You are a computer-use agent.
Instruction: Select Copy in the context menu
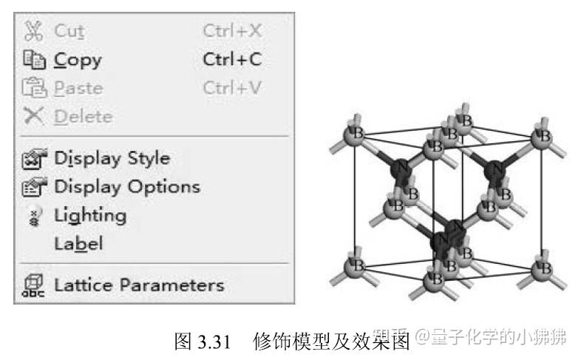point(78,60)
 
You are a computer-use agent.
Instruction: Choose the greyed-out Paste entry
point(78,88)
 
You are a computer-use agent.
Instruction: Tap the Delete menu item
point(83,116)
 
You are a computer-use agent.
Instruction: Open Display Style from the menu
point(112,158)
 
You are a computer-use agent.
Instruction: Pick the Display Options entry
point(126,186)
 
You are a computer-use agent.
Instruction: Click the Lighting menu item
point(89,215)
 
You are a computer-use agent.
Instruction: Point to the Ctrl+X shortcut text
point(232,32)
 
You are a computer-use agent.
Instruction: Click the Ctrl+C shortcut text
point(232,60)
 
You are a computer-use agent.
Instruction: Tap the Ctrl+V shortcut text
point(232,88)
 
